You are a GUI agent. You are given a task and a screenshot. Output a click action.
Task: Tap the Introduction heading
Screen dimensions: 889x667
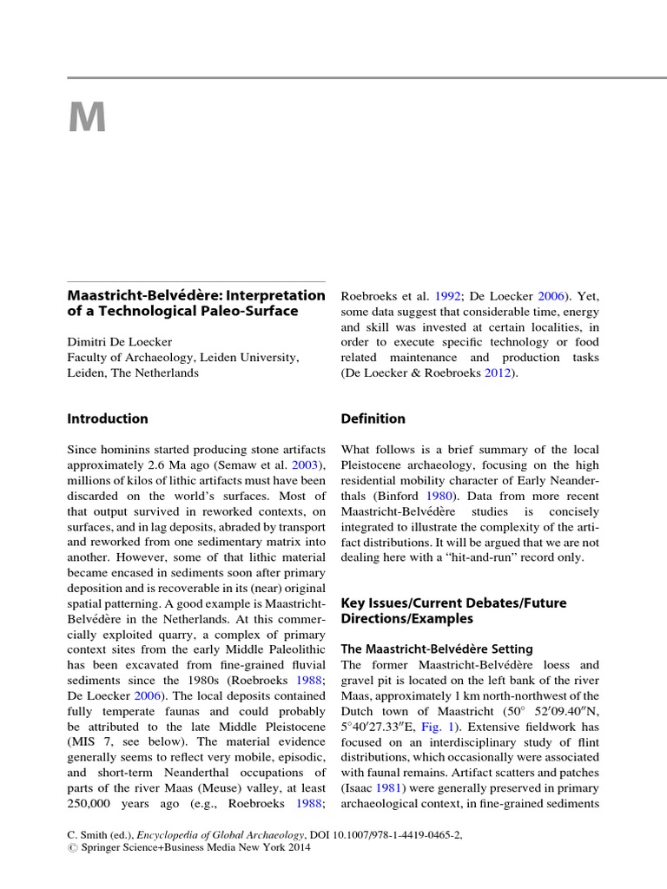[x=108, y=418]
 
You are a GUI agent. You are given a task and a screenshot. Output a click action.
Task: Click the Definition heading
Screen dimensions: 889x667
[x=373, y=418]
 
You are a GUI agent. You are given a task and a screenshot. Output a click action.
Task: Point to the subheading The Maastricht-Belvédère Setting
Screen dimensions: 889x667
[x=437, y=649]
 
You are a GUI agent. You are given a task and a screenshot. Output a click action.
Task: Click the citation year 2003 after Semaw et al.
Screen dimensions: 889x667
[x=306, y=465]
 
